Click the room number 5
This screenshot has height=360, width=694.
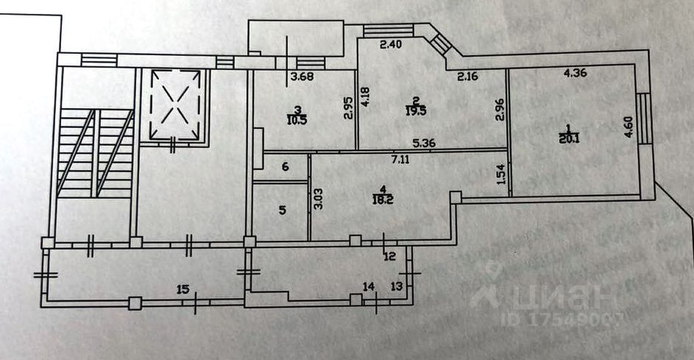click(x=282, y=210)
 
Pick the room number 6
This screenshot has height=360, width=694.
click(x=285, y=167)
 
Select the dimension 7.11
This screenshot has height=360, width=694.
click(x=401, y=158)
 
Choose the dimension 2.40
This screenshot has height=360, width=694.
click(x=390, y=44)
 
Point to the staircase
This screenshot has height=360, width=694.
click(x=96, y=155)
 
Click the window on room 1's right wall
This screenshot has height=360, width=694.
click(x=643, y=119)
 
